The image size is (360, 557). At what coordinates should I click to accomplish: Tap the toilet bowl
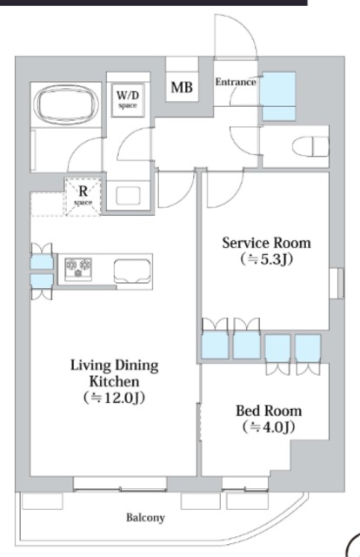[310, 146]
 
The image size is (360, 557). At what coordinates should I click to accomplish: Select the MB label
[182, 87]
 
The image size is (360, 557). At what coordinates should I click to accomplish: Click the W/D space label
[128, 100]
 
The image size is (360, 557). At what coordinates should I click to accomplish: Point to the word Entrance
[236, 82]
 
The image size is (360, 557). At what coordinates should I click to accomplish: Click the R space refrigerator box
[83, 197]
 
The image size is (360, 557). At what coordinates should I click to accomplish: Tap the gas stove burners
[78, 269]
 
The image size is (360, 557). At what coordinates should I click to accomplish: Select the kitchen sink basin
[132, 271]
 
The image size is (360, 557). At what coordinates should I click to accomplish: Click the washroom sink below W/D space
[128, 196]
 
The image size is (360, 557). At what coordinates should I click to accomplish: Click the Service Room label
[266, 243]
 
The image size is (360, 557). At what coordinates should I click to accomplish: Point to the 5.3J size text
[266, 259]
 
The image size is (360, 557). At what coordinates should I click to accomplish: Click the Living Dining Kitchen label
[114, 373]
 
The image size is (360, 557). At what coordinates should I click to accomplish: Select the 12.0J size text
[114, 398]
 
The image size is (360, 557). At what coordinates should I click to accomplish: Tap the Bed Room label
[269, 411]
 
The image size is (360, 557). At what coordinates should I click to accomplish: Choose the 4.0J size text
[269, 426]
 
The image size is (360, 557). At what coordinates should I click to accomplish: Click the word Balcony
[145, 518]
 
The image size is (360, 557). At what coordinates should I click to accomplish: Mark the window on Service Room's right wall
[337, 283]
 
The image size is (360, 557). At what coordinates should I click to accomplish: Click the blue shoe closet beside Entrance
[279, 97]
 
